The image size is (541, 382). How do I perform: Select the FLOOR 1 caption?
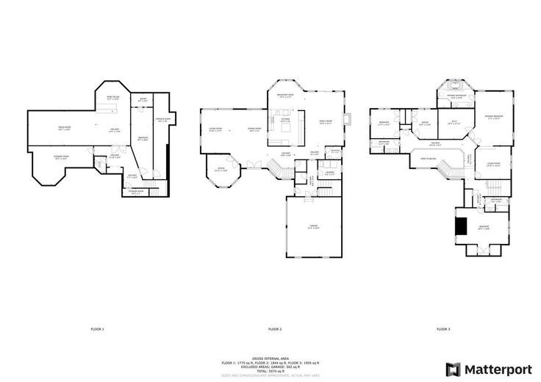click(97, 328)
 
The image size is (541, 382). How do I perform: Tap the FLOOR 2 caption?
click(275, 328)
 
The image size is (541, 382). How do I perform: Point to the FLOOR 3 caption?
click(443, 328)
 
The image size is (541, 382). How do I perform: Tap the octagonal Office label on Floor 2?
click(221, 170)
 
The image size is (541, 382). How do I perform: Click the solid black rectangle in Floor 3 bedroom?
click(461, 225)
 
